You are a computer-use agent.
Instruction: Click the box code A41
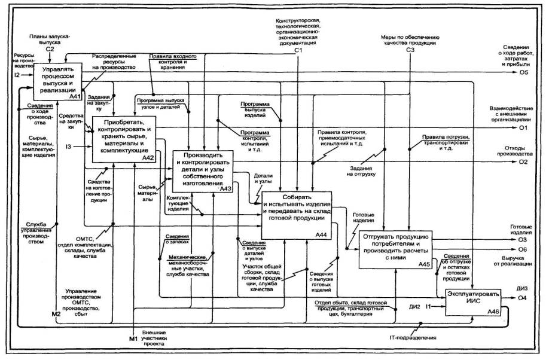click(75, 95)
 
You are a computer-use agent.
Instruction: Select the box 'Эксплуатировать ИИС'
click(472, 299)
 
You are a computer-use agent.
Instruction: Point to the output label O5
click(523, 73)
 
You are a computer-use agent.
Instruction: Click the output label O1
click(523, 127)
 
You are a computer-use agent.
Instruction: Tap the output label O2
click(523, 162)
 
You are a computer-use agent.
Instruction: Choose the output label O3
click(523, 239)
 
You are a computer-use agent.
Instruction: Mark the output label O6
click(523, 249)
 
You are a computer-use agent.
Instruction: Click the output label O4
click(523, 298)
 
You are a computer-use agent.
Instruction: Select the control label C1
click(297, 50)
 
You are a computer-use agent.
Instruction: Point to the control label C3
click(410, 50)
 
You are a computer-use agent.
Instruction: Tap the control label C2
click(51, 49)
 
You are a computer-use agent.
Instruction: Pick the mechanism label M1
click(133, 339)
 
